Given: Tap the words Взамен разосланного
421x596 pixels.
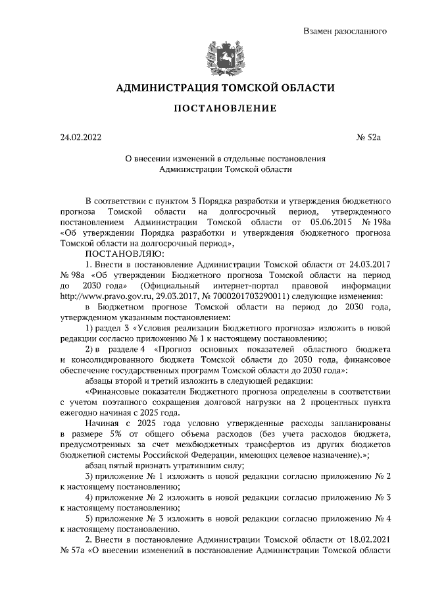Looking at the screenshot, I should pyautogui.click(x=344, y=31).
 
